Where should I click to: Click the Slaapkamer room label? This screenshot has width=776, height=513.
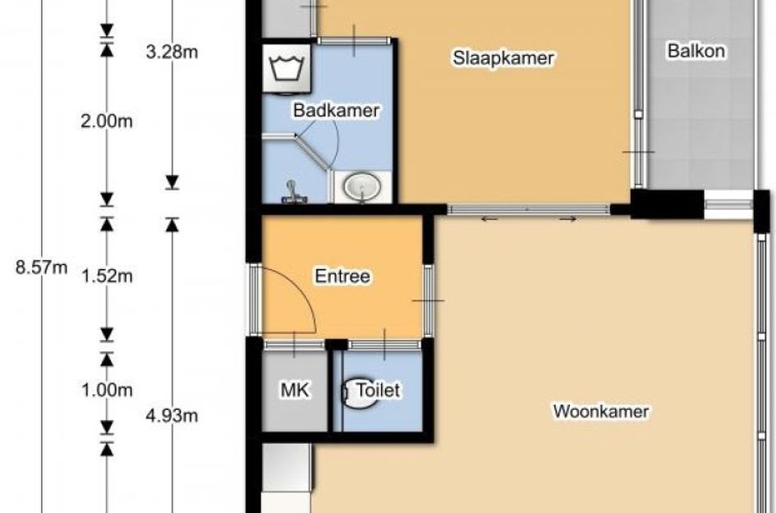(x=503, y=58)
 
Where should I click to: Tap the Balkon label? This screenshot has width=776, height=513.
(x=696, y=51)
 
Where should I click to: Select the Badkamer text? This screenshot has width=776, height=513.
(x=336, y=110)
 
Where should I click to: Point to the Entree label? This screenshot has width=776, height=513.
(x=342, y=276)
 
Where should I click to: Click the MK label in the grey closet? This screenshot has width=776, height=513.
(x=295, y=391)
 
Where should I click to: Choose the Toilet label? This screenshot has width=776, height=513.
(x=378, y=391)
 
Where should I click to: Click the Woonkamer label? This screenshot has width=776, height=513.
(x=601, y=411)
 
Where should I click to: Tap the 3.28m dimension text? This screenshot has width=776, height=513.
(x=172, y=52)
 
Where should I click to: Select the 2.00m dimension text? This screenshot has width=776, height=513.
(x=107, y=121)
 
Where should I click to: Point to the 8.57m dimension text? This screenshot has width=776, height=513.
(x=42, y=268)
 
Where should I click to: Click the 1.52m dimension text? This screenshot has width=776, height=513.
(x=107, y=276)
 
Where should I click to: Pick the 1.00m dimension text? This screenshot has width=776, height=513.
(x=107, y=391)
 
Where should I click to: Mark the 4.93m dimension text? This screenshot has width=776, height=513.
(x=172, y=416)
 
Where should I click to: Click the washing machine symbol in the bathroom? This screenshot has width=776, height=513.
(x=287, y=69)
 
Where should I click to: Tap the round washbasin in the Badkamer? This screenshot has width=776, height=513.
(x=362, y=187)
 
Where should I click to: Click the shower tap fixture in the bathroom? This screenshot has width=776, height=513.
(x=293, y=193)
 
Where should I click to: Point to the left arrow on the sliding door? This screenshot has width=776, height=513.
(x=489, y=218)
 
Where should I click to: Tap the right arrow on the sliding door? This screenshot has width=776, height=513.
(x=567, y=218)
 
